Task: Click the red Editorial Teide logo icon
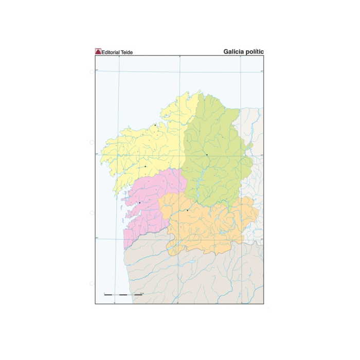98,52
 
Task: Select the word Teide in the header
128,52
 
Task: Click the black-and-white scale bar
123,295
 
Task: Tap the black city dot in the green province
206,154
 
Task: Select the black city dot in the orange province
188,210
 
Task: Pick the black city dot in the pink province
139,203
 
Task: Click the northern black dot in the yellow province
155,125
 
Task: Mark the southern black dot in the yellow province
146,167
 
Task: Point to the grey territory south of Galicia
206,278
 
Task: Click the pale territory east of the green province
255,185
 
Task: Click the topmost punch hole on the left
92,72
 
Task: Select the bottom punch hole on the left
92,283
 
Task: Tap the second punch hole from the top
92,142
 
